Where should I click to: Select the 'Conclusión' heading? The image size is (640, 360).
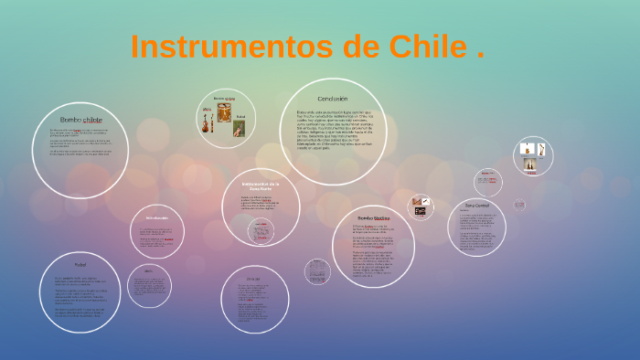pyautogui.click(x=333, y=99)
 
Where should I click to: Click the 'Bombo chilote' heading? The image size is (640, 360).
pyautogui.click(x=81, y=121)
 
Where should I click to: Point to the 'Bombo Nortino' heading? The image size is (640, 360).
pyautogui.click(x=374, y=218)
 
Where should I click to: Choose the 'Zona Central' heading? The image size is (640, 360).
pyautogui.click(x=477, y=206)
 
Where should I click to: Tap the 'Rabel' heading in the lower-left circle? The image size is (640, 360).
pyautogui.click(x=80, y=265)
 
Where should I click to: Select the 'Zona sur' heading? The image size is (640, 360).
pyautogui.click(x=253, y=279)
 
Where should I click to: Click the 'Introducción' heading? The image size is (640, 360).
pyautogui.click(x=156, y=217)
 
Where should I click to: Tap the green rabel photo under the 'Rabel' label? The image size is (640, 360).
pyautogui.click(x=240, y=131)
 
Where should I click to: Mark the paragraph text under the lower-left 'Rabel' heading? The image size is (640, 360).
pyautogui.click(x=80, y=297)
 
